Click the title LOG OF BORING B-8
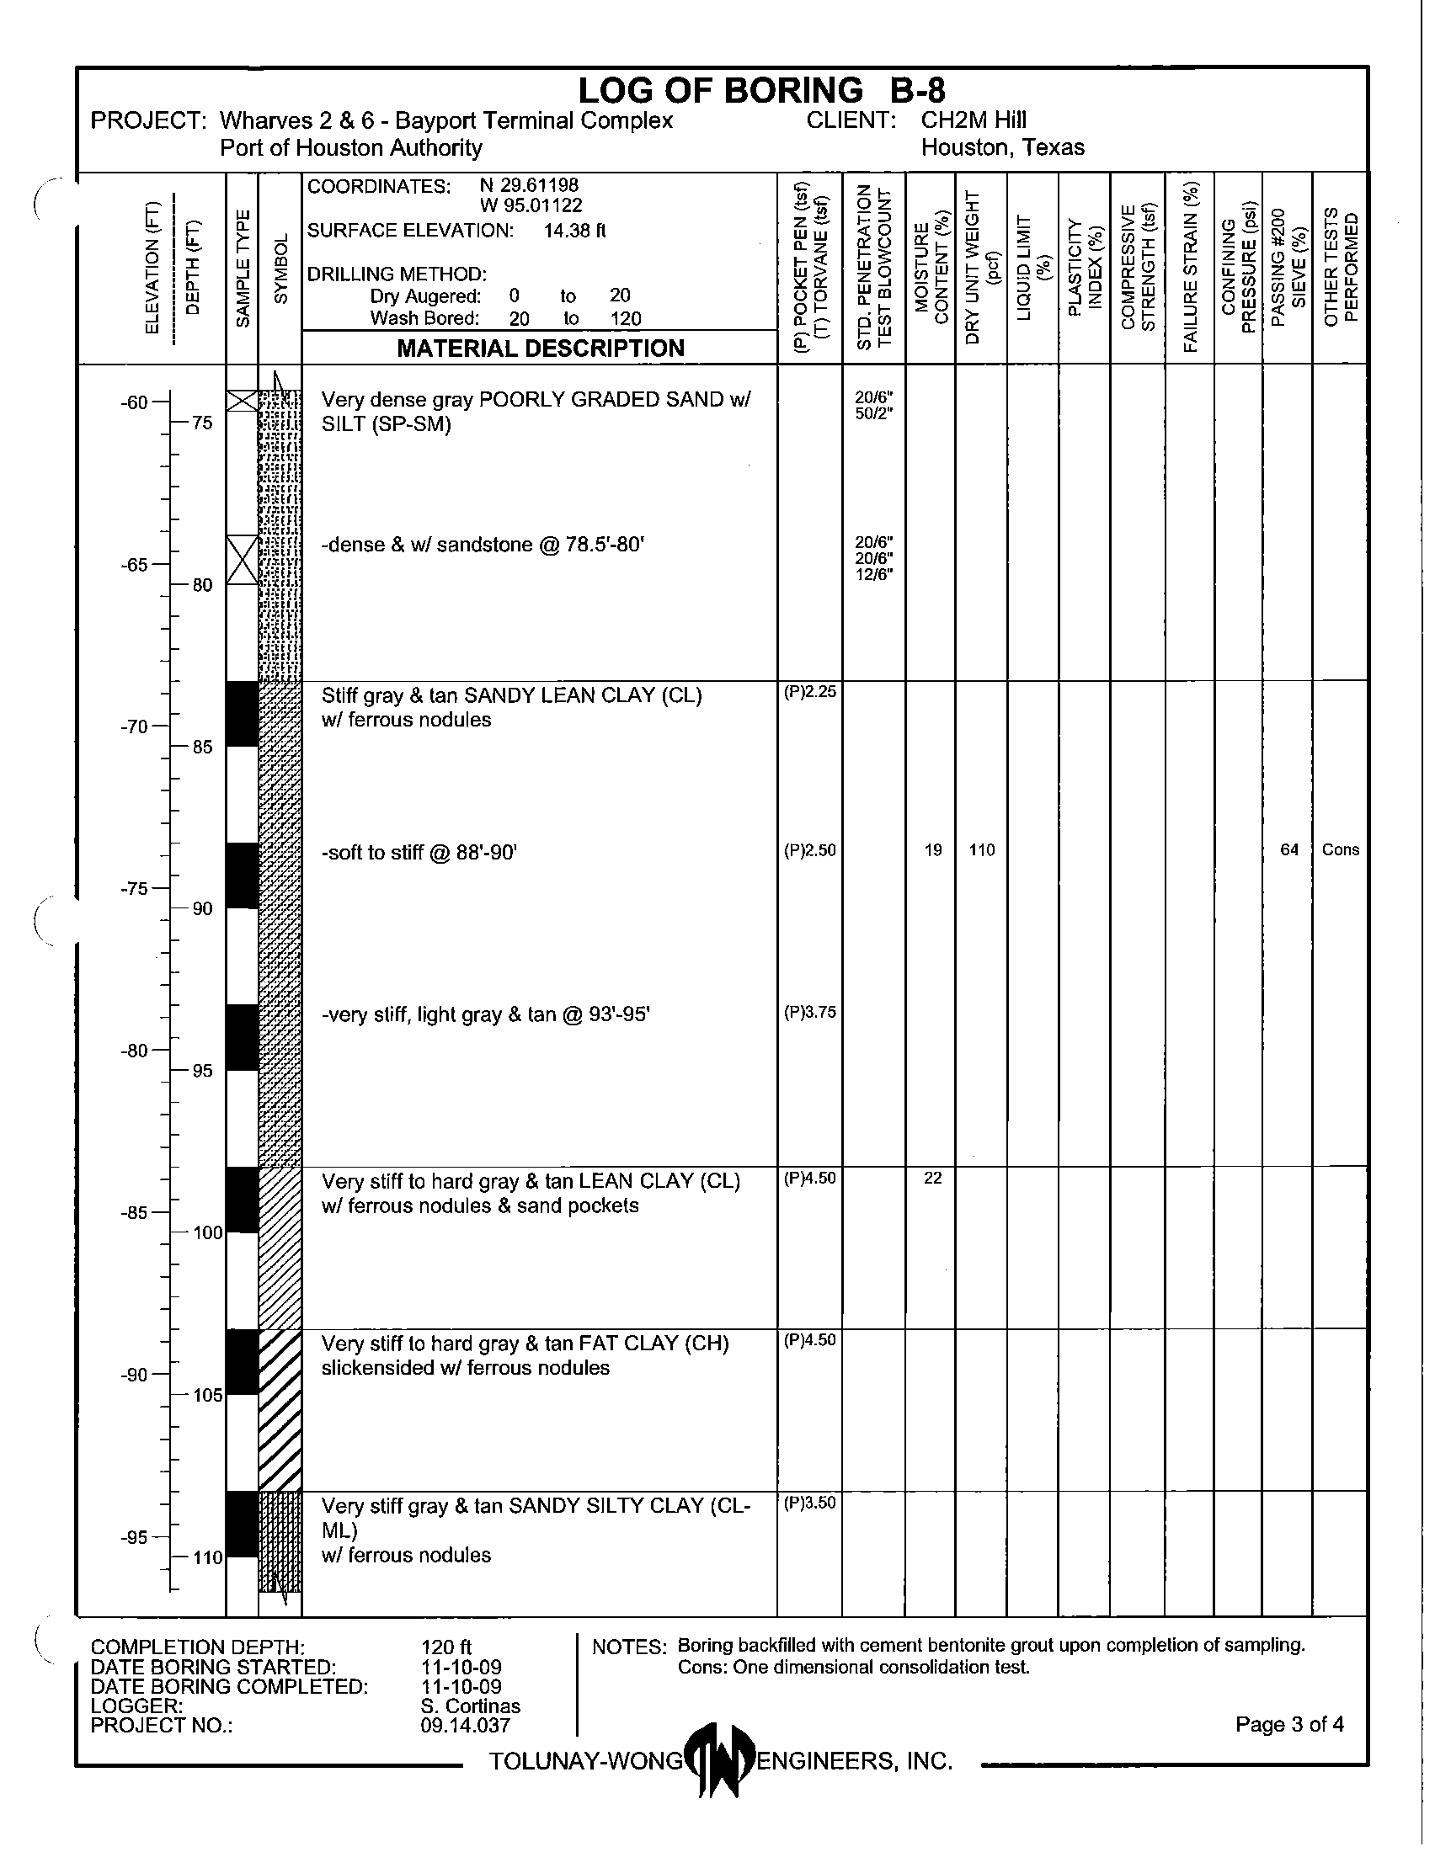(x=760, y=90)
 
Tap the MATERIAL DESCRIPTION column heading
(x=541, y=349)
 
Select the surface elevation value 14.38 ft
(x=574, y=231)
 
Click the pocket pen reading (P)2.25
(x=810, y=692)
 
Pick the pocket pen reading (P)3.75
(x=810, y=1012)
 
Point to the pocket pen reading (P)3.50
(x=810, y=1503)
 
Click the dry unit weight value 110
(x=981, y=849)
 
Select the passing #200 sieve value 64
(x=1289, y=849)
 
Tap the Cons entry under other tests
(x=1340, y=849)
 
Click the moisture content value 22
(x=932, y=1178)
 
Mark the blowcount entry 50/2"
(x=873, y=414)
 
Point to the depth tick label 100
(x=208, y=1233)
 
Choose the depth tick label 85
(x=202, y=747)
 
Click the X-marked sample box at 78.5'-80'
(x=243, y=560)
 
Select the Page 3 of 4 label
(x=1289, y=1724)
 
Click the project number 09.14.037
(x=465, y=1725)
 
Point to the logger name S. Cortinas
(x=470, y=1706)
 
